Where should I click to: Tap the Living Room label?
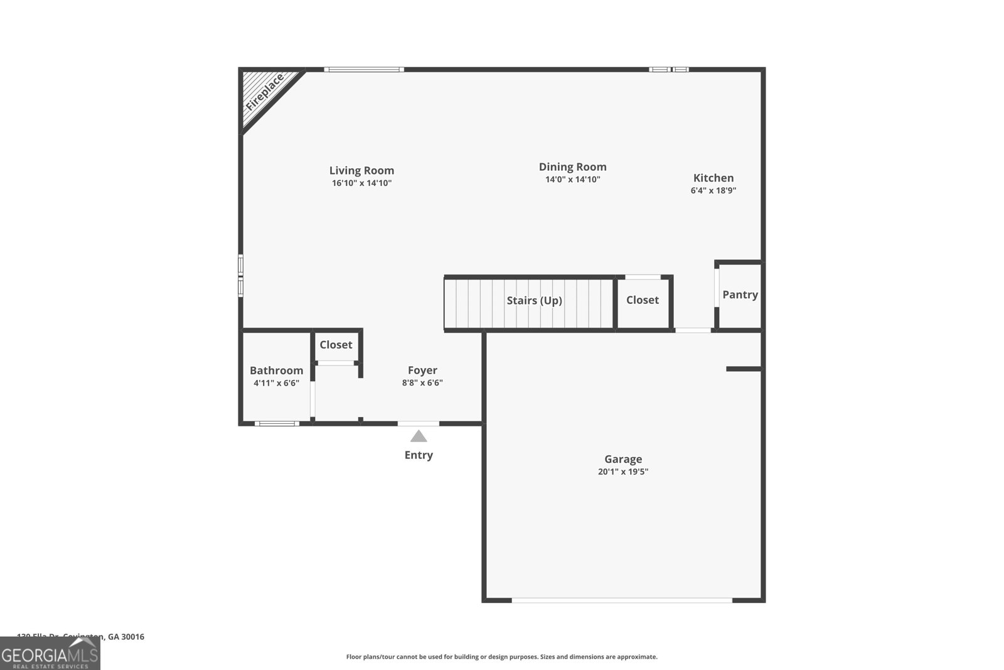pyautogui.click(x=361, y=170)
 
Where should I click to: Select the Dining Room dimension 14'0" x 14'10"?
pyautogui.click(x=572, y=180)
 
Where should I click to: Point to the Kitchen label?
pyautogui.click(x=713, y=178)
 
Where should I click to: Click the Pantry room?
pyautogui.click(x=740, y=294)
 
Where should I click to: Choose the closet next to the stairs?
pyautogui.click(x=643, y=300)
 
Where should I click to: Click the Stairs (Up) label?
pyautogui.click(x=534, y=300)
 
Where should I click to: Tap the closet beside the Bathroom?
pyautogui.click(x=336, y=345)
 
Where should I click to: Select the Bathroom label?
pyautogui.click(x=276, y=370)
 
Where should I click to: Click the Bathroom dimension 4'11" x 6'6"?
pyautogui.click(x=276, y=383)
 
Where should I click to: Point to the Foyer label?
pyautogui.click(x=422, y=370)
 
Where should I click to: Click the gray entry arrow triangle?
pyautogui.click(x=419, y=436)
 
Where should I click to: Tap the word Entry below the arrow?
pyautogui.click(x=419, y=455)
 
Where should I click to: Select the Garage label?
pyautogui.click(x=623, y=459)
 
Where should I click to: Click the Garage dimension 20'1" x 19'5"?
pyautogui.click(x=623, y=472)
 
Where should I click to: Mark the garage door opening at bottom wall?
pyautogui.click(x=622, y=600)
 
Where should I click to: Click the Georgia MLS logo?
pyautogui.click(x=50, y=654)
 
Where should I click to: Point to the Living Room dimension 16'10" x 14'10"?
pyautogui.click(x=361, y=183)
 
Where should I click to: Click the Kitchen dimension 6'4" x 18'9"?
pyautogui.click(x=713, y=190)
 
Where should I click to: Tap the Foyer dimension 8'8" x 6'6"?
pyautogui.click(x=422, y=383)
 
